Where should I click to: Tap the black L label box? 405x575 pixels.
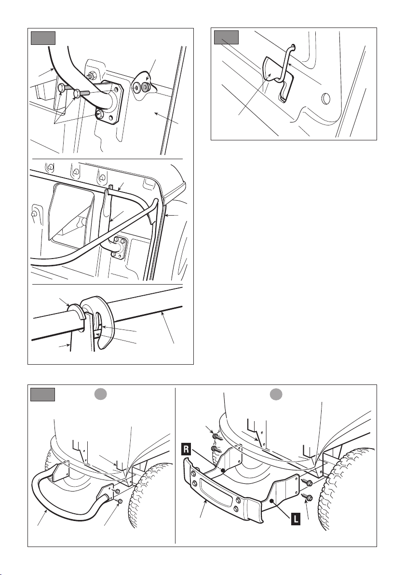pyautogui.click(x=296, y=519)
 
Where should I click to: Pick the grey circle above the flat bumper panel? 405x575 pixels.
pyautogui.click(x=276, y=395)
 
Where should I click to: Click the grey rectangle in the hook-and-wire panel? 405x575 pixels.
pyautogui.click(x=227, y=38)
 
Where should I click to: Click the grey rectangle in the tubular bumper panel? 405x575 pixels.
pyautogui.click(x=42, y=394)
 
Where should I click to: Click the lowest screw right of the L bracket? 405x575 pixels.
pyautogui.click(x=307, y=498)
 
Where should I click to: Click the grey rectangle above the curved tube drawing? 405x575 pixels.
pyautogui.click(x=43, y=38)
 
